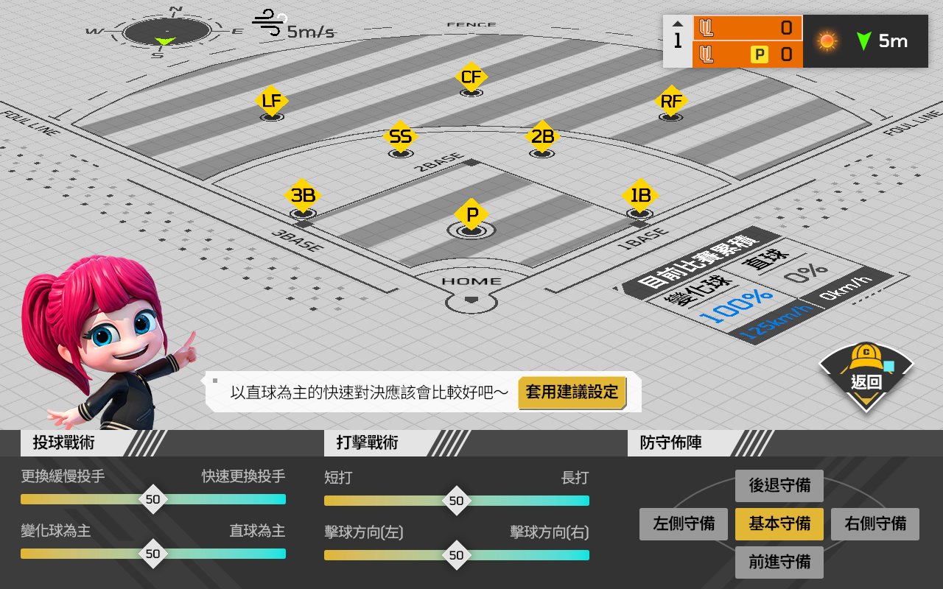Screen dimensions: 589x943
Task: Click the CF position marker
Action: tap(471, 77)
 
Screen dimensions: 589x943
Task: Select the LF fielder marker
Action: tap(272, 101)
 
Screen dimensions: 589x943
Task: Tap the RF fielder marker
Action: tap(671, 101)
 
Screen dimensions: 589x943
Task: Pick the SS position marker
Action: tap(400, 137)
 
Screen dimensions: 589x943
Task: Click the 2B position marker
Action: tap(542, 136)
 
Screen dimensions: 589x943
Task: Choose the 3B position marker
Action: tap(303, 196)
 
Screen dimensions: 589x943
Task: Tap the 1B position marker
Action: tap(640, 196)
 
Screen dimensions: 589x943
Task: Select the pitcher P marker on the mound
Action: tap(471, 215)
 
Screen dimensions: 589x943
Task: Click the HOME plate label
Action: tap(471, 281)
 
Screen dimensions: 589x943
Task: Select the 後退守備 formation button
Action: tap(779, 486)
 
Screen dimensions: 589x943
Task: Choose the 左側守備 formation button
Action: tap(683, 524)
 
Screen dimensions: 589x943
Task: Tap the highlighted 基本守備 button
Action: tap(779, 524)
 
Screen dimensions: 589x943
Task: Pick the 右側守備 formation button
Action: tap(875, 524)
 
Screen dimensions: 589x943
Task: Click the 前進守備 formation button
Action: tap(779, 562)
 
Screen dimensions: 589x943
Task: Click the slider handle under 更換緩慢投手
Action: tap(153, 499)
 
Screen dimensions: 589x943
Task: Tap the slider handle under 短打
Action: tap(457, 501)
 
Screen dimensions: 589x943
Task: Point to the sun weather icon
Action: tap(827, 41)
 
